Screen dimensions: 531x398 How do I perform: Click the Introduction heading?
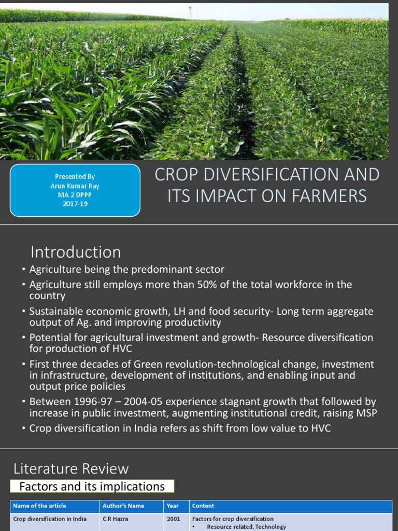click(76, 253)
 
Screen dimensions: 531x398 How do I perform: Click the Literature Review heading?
click(71, 469)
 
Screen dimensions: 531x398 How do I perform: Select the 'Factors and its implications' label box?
click(92, 486)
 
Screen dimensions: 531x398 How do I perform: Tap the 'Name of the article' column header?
click(40, 506)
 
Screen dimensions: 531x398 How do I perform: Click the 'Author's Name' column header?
click(123, 506)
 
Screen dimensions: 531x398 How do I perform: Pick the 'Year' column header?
click(173, 506)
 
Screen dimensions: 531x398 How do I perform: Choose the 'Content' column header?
click(203, 506)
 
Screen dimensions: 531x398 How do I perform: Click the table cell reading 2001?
click(174, 519)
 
